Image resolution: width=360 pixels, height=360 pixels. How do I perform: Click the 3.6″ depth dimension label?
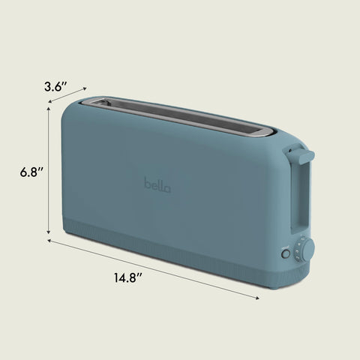tap(56, 86)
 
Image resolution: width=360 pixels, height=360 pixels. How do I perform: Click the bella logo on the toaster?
tap(157, 184)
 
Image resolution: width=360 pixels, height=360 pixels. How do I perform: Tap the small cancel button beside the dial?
tap(285, 254)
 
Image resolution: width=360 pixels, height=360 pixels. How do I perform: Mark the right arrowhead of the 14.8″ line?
tap(258, 298)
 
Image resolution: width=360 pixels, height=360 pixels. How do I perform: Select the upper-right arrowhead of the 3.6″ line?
tap(85, 89)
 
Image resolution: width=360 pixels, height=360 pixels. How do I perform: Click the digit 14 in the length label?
tap(120, 278)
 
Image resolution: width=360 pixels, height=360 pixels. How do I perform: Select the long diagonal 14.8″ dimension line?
tap(154, 269)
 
